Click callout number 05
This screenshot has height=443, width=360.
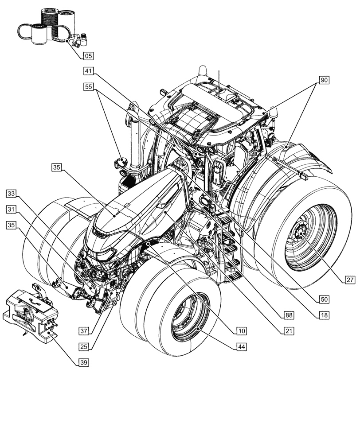(88, 56)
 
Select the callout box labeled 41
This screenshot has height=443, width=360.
(88, 71)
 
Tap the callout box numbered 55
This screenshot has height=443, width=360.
(88, 87)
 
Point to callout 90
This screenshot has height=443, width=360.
(324, 80)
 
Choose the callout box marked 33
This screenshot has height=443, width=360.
(12, 194)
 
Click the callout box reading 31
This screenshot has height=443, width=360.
(12, 209)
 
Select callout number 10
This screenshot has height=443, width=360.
(241, 331)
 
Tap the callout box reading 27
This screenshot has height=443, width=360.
(350, 280)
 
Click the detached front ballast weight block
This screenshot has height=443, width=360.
(31, 310)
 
